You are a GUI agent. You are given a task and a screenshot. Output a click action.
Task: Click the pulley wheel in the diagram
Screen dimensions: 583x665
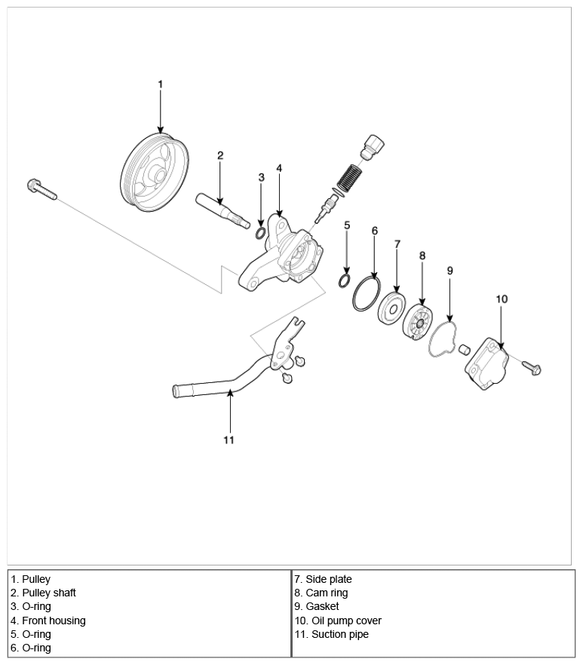[155, 172]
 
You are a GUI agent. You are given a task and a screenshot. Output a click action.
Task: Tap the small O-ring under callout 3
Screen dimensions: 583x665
[261, 233]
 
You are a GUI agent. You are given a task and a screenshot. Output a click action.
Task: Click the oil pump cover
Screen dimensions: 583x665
[486, 364]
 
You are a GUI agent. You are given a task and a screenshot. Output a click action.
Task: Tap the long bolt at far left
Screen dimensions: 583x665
[41, 189]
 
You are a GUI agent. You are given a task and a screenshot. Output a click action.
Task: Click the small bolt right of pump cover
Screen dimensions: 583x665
[531, 367]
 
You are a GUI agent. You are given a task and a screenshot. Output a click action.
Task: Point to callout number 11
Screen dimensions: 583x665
[229, 440]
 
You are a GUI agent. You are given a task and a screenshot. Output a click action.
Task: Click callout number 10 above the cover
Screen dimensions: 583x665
[502, 299]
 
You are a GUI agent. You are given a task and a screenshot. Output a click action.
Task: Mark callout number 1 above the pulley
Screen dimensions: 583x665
[161, 84]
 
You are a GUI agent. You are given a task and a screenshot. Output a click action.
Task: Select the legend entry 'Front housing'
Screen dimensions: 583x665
[48, 621]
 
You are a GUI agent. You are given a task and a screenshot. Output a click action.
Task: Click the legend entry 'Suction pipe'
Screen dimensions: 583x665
[332, 634]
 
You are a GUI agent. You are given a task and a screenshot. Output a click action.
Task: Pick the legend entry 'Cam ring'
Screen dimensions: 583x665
[321, 593]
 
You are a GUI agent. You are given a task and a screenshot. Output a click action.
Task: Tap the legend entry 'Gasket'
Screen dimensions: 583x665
[317, 606]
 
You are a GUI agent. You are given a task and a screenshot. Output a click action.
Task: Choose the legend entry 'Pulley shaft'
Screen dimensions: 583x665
[43, 593]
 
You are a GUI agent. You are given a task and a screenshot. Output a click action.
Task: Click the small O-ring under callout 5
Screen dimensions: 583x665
[345, 280]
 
